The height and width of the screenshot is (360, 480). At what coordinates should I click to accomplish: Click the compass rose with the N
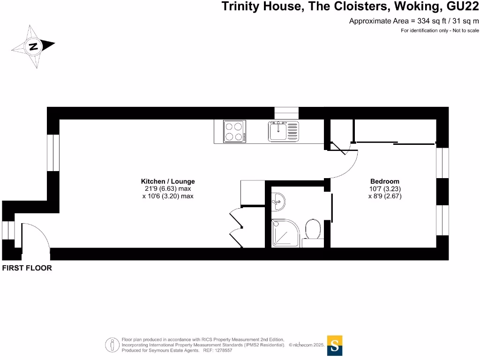33,46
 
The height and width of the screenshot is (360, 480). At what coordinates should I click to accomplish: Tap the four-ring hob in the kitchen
234,131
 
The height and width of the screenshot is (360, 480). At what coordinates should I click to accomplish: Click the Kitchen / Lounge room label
168,181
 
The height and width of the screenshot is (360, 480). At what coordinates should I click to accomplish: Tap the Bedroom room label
384,181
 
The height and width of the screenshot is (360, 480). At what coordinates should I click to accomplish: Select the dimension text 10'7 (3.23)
384,189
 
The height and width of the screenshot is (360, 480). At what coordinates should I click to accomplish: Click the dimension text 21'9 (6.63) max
168,189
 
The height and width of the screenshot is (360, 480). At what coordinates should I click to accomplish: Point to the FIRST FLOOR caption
27,269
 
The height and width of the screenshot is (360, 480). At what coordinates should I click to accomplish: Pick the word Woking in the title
410,7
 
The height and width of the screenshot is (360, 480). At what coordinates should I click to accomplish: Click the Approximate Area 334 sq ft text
414,21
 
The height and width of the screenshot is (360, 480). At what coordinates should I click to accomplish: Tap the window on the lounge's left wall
53,152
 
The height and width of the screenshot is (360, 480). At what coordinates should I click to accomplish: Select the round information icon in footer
112,345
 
